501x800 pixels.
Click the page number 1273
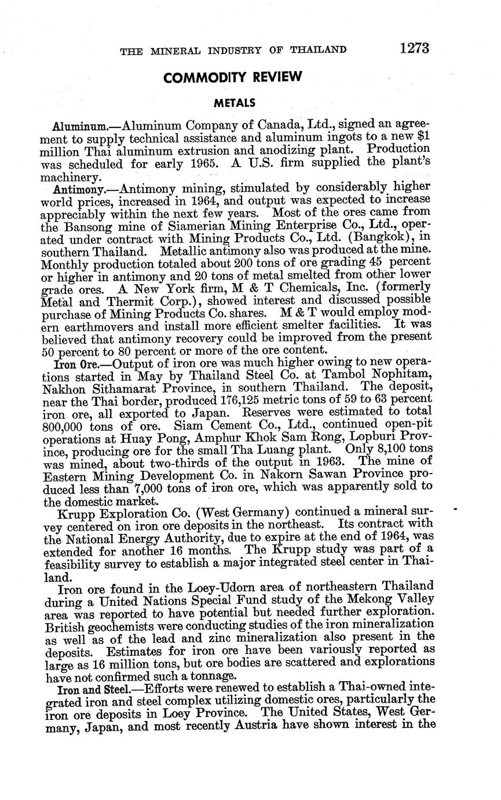[x=414, y=48]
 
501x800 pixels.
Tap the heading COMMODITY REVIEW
[x=233, y=77]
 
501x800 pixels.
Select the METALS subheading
[x=235, y=104]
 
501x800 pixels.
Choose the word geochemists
[x=122, y=624]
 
